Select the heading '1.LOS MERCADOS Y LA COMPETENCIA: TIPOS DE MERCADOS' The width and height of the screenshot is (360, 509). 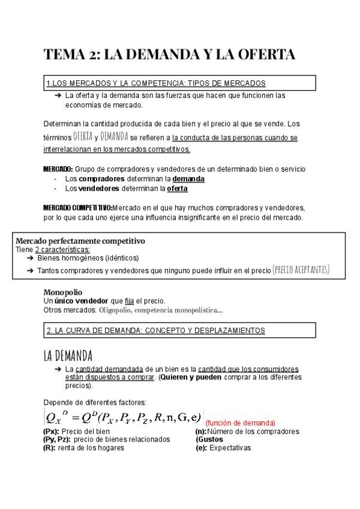[155, 83]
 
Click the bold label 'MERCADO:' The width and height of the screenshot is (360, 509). [58, 169]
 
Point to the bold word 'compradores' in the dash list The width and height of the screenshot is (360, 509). [102, 179]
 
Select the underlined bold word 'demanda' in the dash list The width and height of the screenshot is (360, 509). [188, 179]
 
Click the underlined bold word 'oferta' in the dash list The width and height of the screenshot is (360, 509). [177, 188]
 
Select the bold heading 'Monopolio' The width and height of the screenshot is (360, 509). [63, 292]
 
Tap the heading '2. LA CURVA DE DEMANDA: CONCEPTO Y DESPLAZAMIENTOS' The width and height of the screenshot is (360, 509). [155, 330]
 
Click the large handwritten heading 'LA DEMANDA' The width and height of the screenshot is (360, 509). [76, 355]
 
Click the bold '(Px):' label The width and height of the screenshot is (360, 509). [52, 432]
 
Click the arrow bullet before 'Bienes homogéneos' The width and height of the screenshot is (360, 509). [30, 258]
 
